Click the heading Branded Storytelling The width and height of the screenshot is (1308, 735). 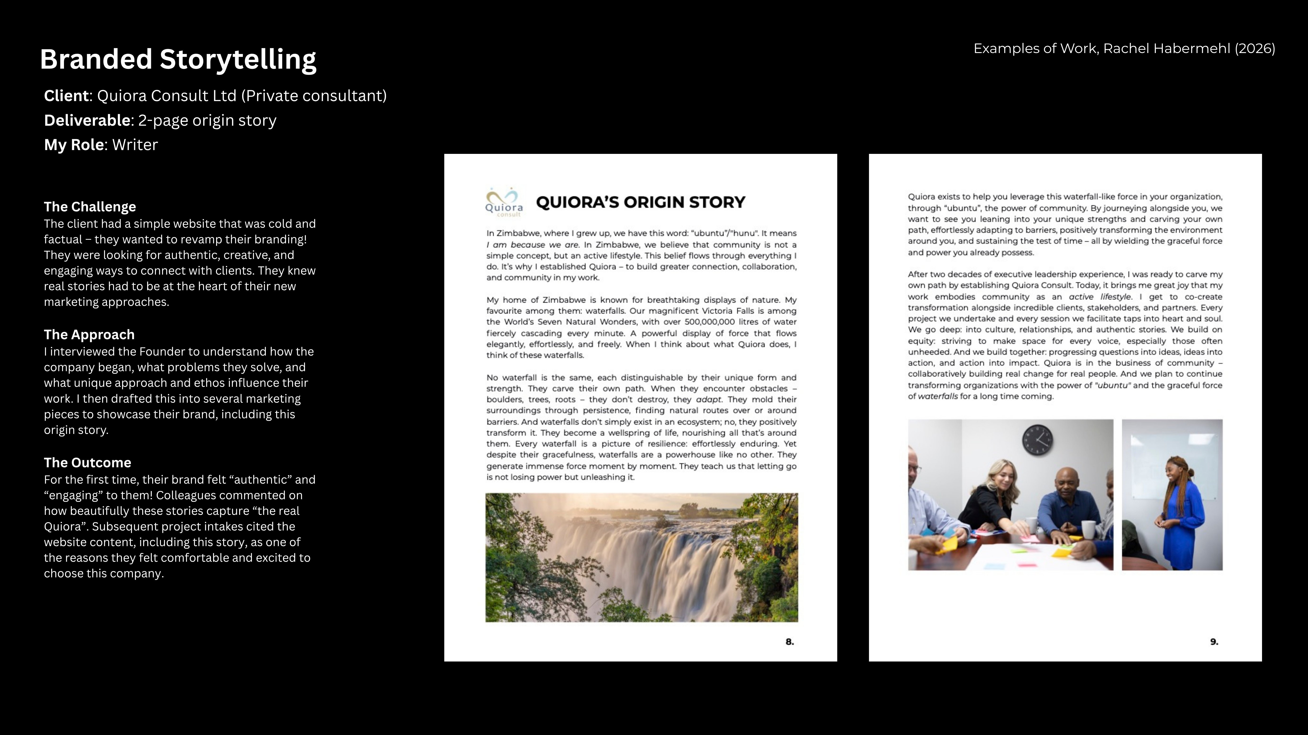pos(178,59)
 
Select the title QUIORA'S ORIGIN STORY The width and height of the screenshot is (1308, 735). pos(640,202)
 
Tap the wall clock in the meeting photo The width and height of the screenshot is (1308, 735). pos(1037,439)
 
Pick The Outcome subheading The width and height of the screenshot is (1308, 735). pos(87,463)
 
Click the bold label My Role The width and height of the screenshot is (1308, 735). pos(74,145)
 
